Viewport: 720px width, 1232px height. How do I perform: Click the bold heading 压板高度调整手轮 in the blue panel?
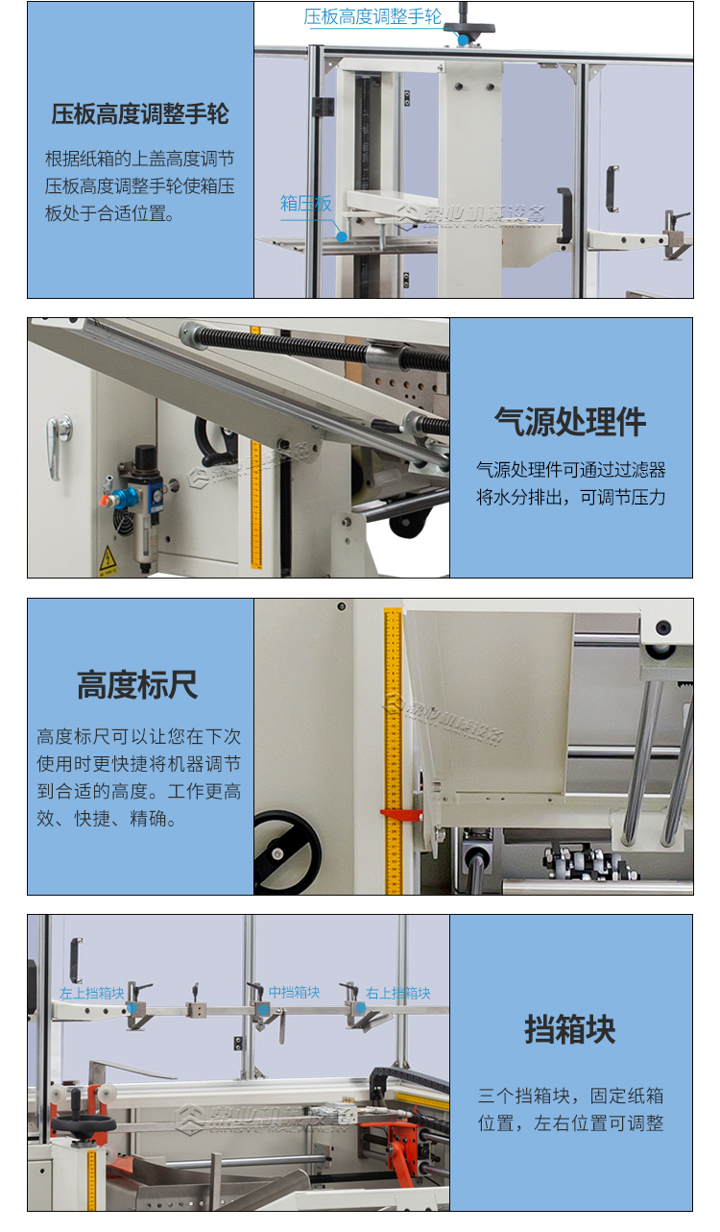[140, 114]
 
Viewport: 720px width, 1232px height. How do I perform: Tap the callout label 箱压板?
[305, 204]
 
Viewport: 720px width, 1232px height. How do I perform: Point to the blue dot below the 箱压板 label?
[341, 235]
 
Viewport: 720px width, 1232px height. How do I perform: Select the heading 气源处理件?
[570, 421]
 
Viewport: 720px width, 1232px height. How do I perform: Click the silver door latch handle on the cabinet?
[60, 445]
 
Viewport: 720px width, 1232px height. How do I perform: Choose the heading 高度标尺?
[137, 685]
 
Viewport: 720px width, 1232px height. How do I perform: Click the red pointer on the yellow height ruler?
[400, 815]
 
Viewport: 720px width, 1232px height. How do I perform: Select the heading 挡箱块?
[570, 1029]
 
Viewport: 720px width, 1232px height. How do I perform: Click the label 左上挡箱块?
[91, 993]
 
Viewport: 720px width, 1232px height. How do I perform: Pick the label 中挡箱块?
[294, 992]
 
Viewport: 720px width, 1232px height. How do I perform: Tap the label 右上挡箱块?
[398, 993]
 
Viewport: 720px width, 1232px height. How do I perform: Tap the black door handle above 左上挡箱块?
[75, 959]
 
